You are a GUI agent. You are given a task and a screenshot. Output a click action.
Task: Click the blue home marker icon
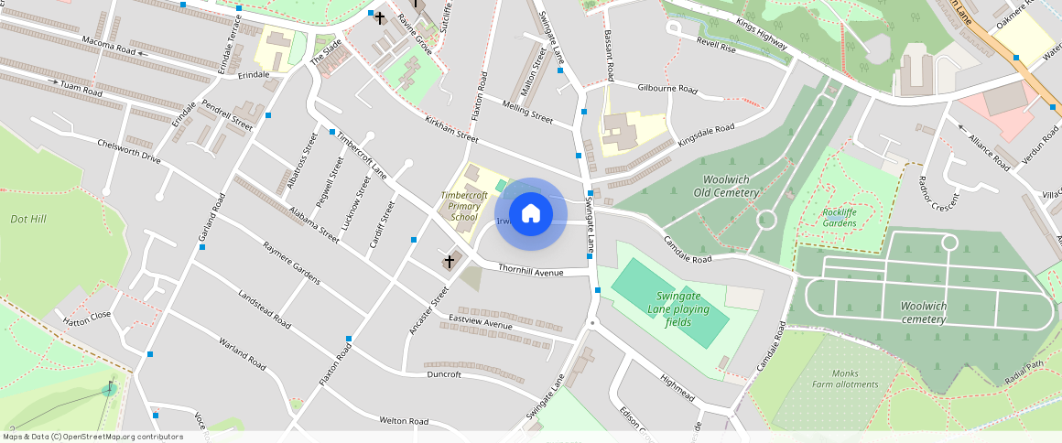530,214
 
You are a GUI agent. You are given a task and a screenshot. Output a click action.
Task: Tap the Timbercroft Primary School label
464,207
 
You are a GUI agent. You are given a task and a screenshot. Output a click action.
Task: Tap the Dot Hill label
28,220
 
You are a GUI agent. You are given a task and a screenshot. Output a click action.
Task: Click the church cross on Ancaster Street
449,263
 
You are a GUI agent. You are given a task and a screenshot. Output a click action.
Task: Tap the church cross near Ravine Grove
380,17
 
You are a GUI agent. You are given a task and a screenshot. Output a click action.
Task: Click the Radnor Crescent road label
936,192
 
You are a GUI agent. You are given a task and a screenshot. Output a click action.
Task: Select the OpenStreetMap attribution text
92,437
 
